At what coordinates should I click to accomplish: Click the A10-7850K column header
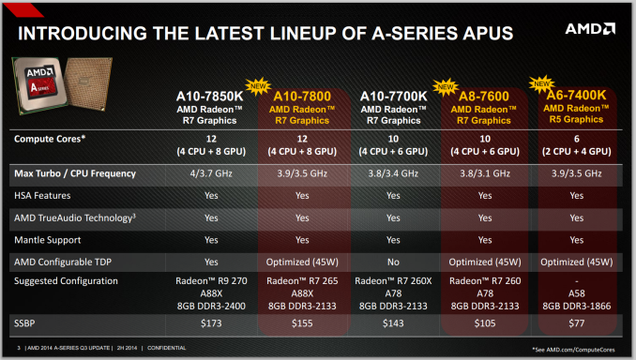click(211, 96)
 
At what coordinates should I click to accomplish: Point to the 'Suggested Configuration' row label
click(66, 279)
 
